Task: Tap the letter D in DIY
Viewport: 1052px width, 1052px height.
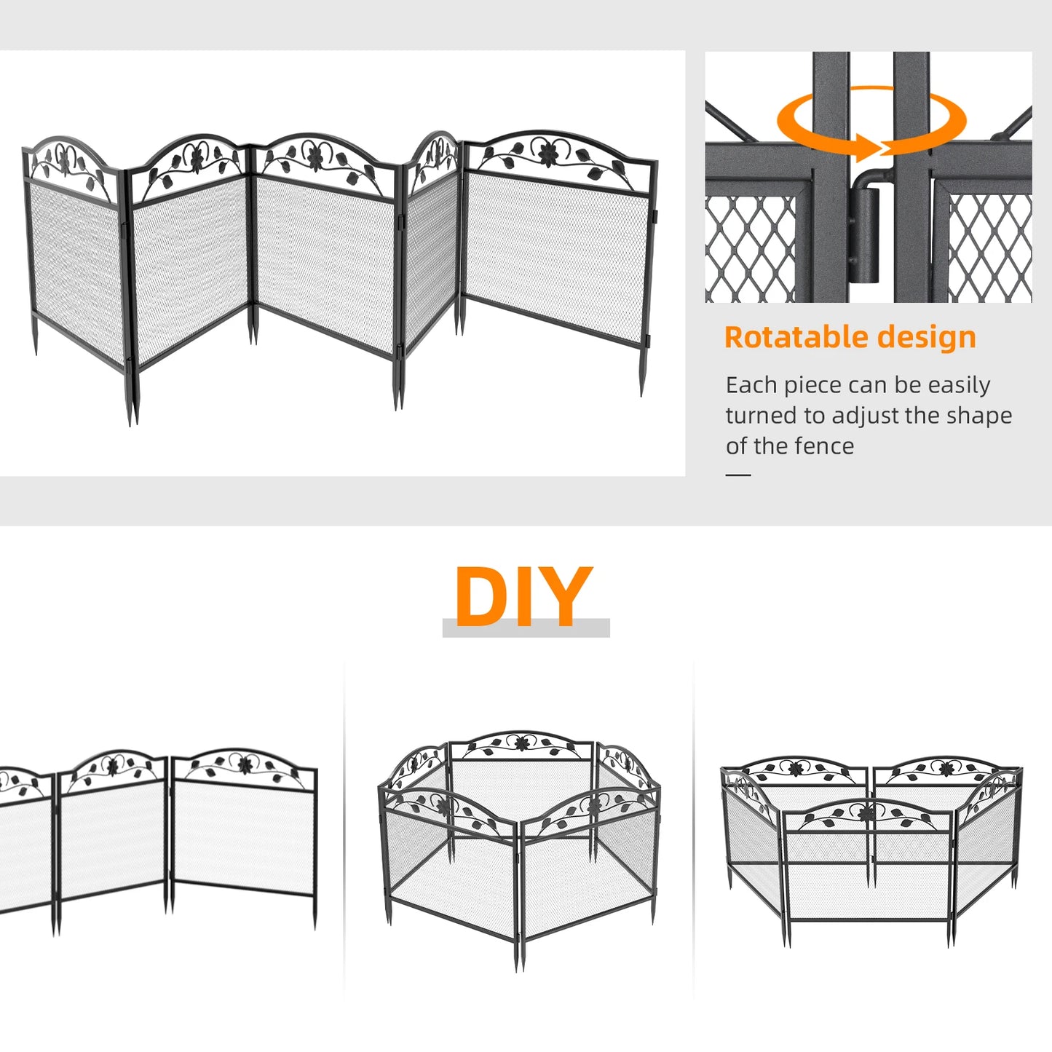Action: pos(482,597)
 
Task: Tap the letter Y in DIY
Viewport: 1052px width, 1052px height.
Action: pos(566,597)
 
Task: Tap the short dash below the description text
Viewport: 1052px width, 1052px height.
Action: pos(738,475)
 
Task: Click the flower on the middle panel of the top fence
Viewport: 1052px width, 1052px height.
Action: pos(315,157)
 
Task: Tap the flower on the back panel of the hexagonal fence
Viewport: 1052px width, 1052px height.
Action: pos(521,743)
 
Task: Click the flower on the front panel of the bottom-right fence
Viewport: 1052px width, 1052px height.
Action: pos(866,814)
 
